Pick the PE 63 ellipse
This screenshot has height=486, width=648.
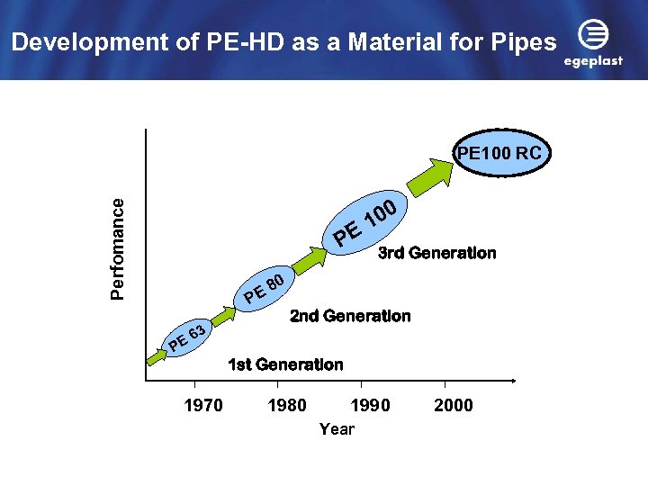click(x=188, y=337)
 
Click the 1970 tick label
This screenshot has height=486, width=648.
click(x=203, y=406)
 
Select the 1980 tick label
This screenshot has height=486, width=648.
click(x=287, y=406)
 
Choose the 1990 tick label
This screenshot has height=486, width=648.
click(x=371, y=406)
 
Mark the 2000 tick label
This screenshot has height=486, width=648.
click(x=454, y=406)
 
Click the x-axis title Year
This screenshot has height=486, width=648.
click(x=337, y=429)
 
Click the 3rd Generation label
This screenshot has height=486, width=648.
click(x=436, y=253)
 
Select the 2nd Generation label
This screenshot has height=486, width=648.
click(x=350, y=316)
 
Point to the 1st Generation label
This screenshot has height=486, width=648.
click(x=285, y=364)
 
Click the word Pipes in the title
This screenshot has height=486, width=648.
click(x=525, y=41)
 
